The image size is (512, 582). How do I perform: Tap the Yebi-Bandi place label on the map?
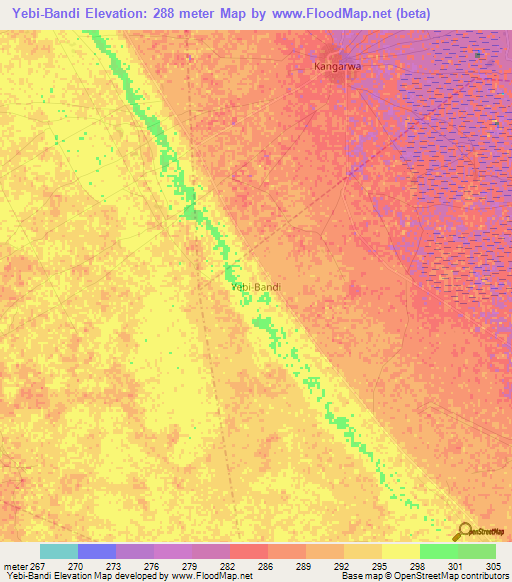click(256, 287)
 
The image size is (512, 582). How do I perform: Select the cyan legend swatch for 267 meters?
click(58, 551)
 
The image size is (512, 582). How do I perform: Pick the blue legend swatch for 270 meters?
click(96, 551)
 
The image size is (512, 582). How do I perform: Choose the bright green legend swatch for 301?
click(438, 551)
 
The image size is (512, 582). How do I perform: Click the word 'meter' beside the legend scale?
click(17, 566)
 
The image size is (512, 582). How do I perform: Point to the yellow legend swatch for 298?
click(400, 551)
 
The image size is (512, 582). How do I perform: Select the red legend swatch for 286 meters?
click(248, 551)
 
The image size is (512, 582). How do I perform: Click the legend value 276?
click(151, 566)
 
